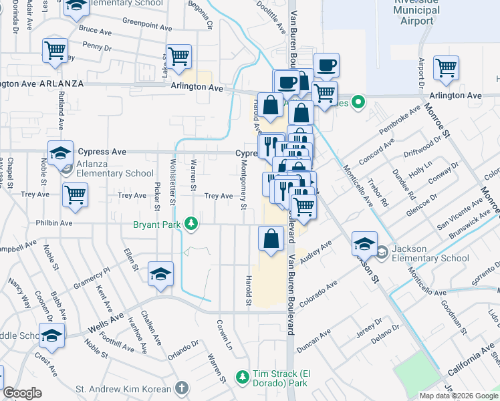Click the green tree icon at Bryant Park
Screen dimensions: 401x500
tap(192, 223)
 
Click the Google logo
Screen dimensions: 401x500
tap(22, 392)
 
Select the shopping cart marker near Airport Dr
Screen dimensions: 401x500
tap(446, 68)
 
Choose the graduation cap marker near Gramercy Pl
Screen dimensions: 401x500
tap(160, 274)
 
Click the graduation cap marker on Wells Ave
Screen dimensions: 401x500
tap(51, 337)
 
